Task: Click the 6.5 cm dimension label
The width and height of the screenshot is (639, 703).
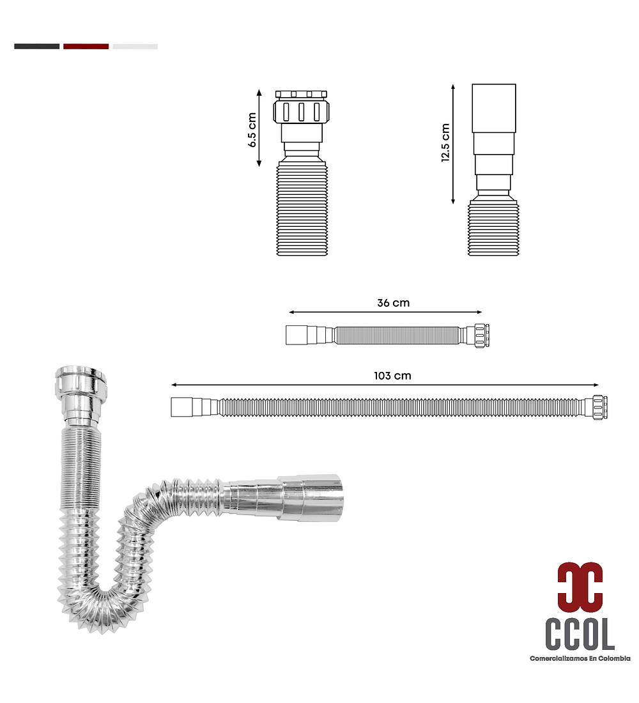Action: pos(252,130)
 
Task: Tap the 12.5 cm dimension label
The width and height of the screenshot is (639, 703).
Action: pos(445,143)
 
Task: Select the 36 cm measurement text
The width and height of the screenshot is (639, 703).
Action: pos(393,303)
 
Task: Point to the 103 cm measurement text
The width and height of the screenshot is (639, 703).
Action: pos(392,376)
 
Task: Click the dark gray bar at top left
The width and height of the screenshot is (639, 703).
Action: pos(37,46)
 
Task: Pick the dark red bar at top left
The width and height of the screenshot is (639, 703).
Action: pos(86,46)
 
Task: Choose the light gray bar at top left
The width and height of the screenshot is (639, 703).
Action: pos(135,46)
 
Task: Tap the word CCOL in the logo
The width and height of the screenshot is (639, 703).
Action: pos(580,634)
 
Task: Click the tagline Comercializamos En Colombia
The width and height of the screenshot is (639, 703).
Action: pos(580,658)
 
